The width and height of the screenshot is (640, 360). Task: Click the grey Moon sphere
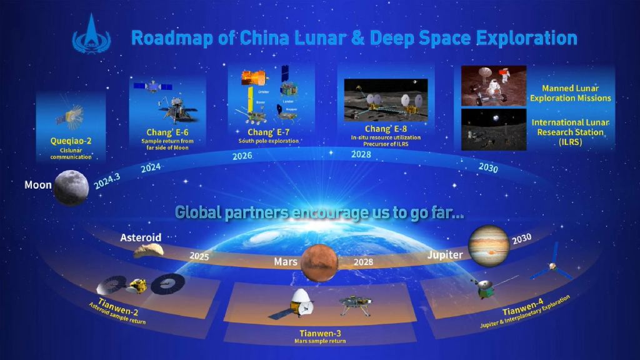pyautogui.click(x=71, y=188)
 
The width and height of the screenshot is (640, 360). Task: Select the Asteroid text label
pyautogui.click(x=141, y=237)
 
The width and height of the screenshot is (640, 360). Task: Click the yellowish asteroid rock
pyautogui.click(x=149, y=251)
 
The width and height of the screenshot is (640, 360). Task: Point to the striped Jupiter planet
pyautogui.click(x=489, y=246)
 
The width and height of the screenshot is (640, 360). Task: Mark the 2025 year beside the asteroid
pyautogui.click(x=199, y=256)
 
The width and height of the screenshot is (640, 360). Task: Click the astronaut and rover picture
pyautogui.click(x=493, y=86)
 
